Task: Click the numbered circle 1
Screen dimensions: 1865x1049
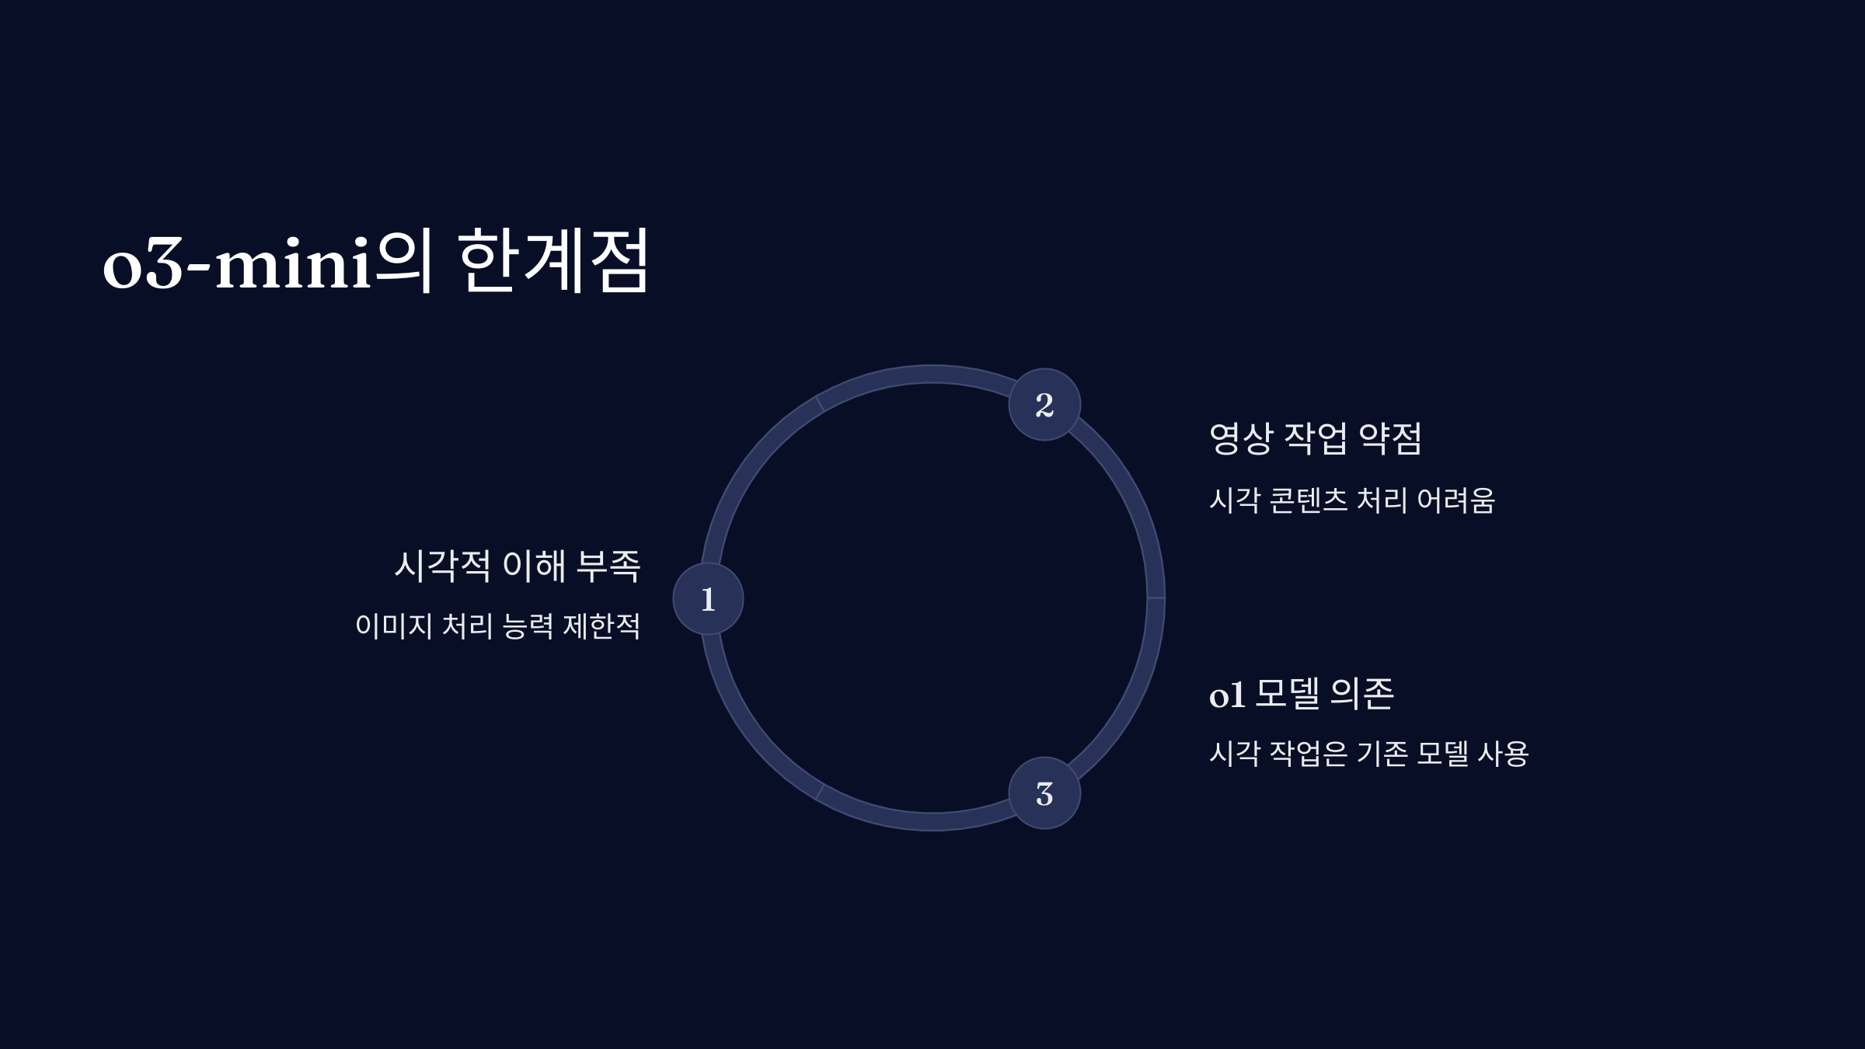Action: [x=708, y=598]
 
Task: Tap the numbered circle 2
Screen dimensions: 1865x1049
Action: [x=1044, y=404]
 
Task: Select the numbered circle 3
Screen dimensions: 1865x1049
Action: [x=1044, y=793]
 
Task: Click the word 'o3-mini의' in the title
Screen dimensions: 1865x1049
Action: [x=267, y=261]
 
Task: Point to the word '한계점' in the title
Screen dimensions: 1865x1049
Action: [x=553, y=260]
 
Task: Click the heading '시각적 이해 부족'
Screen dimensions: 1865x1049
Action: [x=518, y=565]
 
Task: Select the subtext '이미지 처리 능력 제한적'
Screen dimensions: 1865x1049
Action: [x=498, y=626]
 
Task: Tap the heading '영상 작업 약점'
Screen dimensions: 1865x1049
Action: [x=1316, y=438]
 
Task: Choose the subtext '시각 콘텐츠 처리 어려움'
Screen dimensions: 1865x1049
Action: [x=1352, y=500]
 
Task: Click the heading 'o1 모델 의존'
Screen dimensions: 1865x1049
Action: [x=1302, y=693]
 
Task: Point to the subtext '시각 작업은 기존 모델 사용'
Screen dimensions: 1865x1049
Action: [x=1369, y=753]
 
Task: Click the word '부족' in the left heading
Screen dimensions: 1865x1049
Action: [x=608, y=565]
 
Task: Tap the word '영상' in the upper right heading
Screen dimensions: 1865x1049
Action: [x=1242, y=438]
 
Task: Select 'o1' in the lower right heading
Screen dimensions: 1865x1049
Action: [x=1228, y=695]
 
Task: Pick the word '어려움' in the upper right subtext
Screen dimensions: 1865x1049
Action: [x=1455, y=500]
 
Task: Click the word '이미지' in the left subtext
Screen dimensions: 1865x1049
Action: [x=394, y=626]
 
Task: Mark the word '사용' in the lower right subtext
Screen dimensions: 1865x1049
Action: [x=1503, y=753]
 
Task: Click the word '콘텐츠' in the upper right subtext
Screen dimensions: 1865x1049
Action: [x=1309, y=500]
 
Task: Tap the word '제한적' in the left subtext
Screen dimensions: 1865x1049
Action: [x=601, y=626]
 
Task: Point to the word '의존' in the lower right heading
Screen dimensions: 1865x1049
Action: [x=1362, y=693]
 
